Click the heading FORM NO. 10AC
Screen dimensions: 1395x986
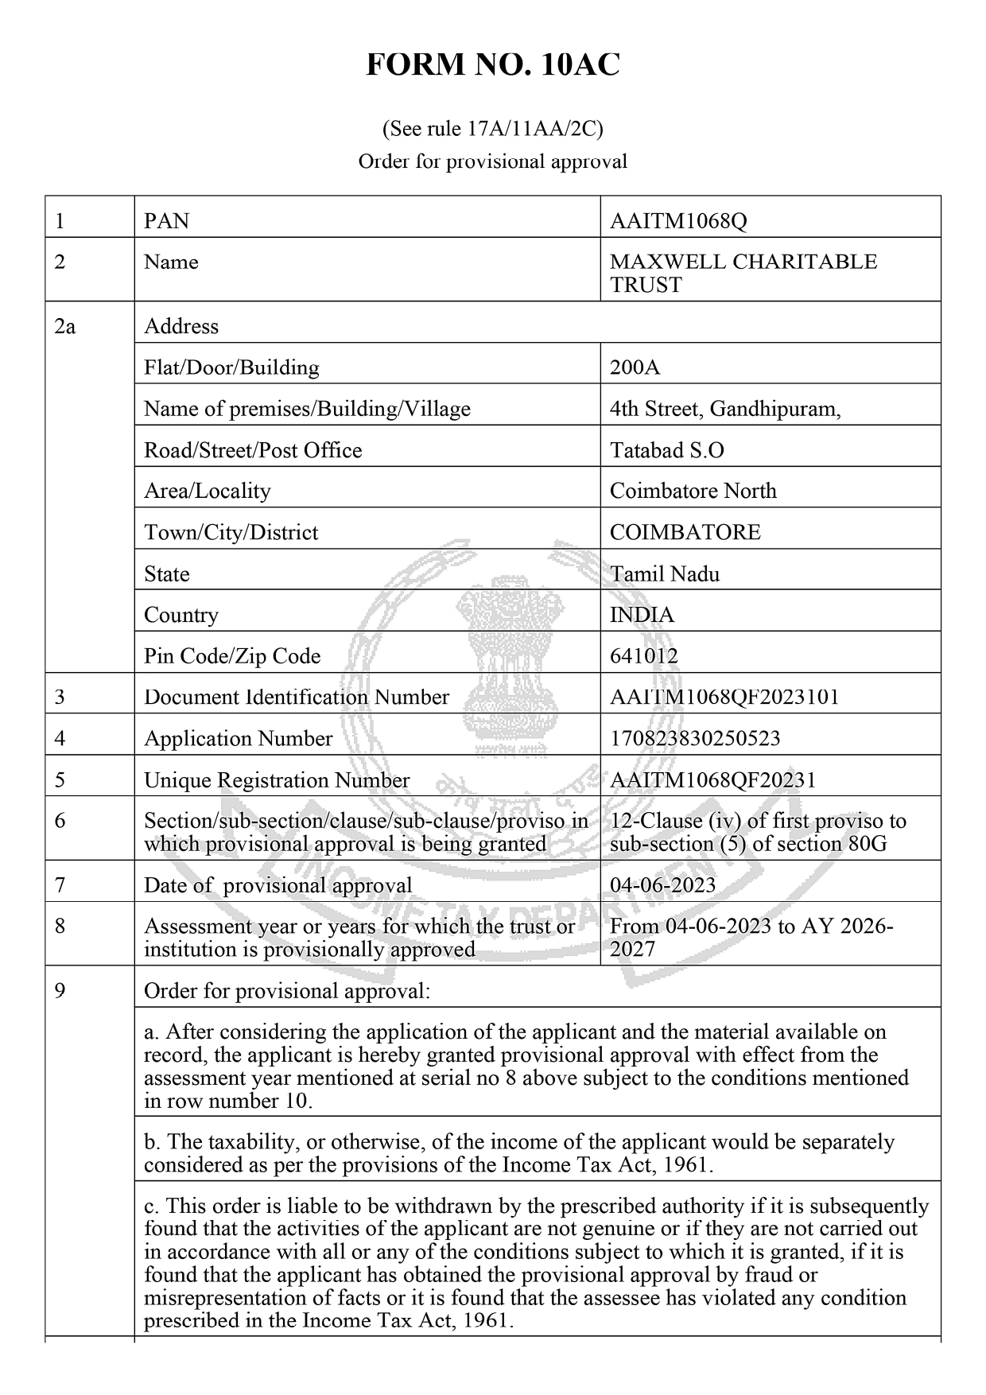[x=492, y=65]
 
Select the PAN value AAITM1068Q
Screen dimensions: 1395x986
[x=678, y=221]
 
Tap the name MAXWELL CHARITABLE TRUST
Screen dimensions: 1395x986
[x=743, y=273]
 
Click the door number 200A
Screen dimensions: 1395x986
[x=635, y=367]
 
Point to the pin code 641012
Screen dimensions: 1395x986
[x=644, y=656]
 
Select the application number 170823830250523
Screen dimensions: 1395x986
[x=695, y=739]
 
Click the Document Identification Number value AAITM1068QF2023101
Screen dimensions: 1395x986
[x=724, y=697]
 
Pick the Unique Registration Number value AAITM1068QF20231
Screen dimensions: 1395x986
[x=712, y=780]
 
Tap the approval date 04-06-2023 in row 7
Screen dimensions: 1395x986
[x=662, y=885]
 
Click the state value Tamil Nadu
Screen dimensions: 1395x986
[x=665, y=574]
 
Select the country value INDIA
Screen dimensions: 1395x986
[x=642, y=615]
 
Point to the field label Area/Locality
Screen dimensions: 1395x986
[x=208, y=491]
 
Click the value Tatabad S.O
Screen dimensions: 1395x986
[x=666, y=450]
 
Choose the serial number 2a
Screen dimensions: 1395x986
[x=65, y=326]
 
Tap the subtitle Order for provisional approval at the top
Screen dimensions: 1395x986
[x=492, y=161]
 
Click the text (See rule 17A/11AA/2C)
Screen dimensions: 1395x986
[x=492, y=128]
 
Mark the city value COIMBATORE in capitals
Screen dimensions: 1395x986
[x=685, y=532]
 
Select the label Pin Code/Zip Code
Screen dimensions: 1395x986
[x=232, y=656]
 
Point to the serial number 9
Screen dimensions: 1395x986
[x=60, y=991]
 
